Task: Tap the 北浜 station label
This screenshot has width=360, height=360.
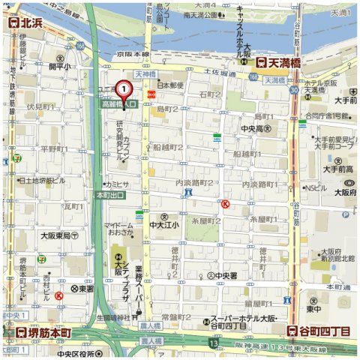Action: (x=22, y=22)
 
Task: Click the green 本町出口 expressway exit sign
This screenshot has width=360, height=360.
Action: (x=111, y=195)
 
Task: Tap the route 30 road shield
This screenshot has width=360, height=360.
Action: (x=294, y=90)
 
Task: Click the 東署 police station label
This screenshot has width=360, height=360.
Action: (x=82, y=288)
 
